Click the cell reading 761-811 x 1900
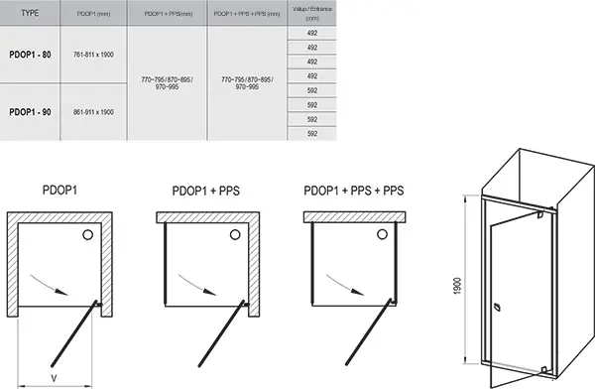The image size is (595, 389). click(94, 55)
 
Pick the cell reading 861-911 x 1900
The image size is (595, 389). click(94, 112)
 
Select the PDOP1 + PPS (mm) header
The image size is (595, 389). click(169, 13)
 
